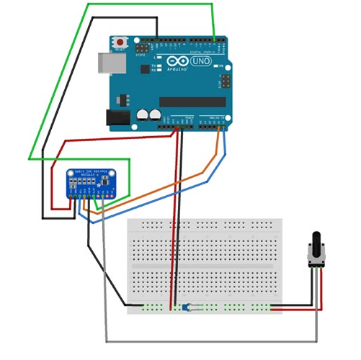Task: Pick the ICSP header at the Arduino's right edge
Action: (x=225, y=81)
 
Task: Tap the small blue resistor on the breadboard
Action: (x=189, y=307)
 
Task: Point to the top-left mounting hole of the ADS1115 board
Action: (x=71, y=173)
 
